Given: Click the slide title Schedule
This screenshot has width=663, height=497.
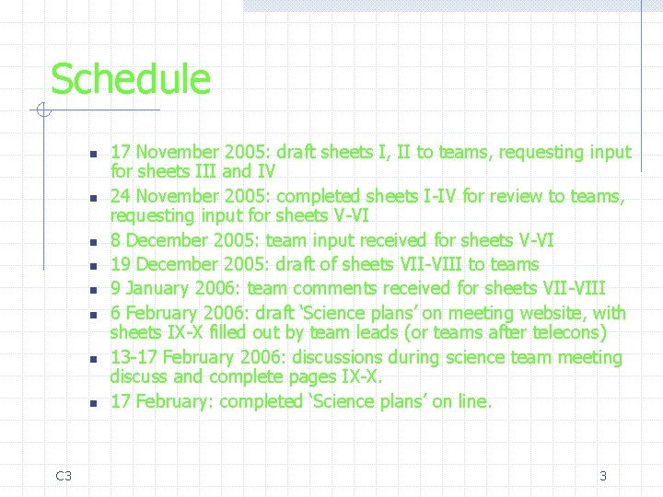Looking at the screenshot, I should pos(130,79).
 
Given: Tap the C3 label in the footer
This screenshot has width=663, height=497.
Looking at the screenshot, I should pos(64,476).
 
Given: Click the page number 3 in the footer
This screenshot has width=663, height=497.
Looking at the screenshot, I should pos(603,476).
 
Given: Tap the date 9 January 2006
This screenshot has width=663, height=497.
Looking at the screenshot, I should pos(176,287).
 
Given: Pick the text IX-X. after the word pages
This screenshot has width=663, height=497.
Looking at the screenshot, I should pos(363,377).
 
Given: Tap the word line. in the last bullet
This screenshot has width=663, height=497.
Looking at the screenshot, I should pos(475,401).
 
